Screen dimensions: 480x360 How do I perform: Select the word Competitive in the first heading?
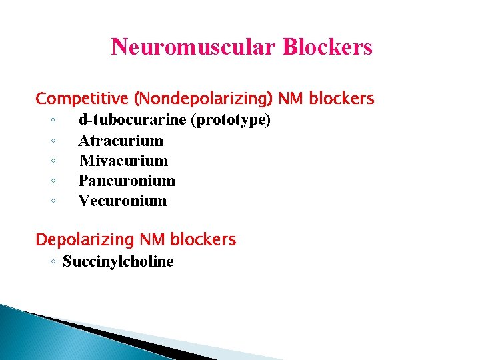point(83,99)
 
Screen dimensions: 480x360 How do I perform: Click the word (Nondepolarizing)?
point(203,99)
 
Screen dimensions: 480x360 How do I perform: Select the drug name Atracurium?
point(121,141)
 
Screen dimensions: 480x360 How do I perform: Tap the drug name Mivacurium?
point(124,161)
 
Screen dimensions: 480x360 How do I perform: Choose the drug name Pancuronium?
point(127,181)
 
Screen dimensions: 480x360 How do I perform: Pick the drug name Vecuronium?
point(123,201)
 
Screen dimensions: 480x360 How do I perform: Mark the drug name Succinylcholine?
point(118,261)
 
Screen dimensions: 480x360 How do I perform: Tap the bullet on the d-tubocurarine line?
point(52,121)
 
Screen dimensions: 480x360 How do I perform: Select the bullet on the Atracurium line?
point(52,141)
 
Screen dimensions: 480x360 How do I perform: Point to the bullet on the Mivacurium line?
point(52,161)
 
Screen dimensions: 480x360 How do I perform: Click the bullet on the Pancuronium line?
point(52,181)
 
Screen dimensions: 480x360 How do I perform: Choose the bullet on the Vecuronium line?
point(52,201)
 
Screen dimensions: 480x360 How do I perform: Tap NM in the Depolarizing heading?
point(152,239)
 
